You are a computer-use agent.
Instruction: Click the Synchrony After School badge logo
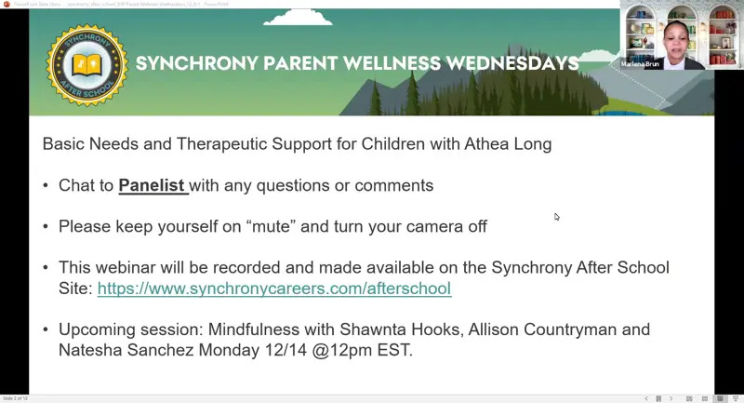coord(86,65)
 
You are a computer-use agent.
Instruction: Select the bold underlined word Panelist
coord(152,185)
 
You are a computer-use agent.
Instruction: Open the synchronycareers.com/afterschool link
coord(274,289)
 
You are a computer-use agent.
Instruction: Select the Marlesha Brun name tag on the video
coord(640,64)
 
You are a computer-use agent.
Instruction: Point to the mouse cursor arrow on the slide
coord(556,217)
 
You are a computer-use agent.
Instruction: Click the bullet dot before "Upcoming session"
coord(46,329)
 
